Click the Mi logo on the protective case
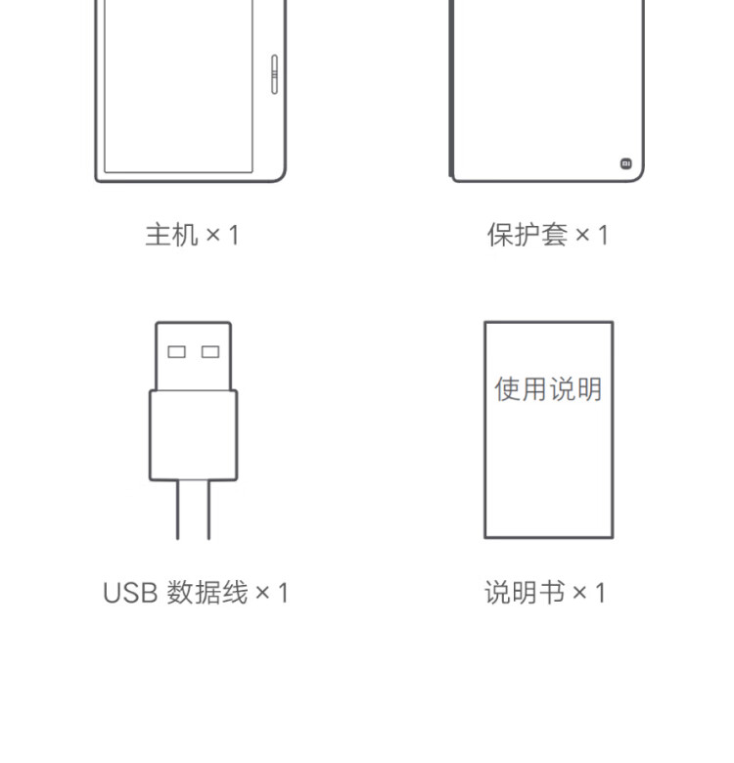(626, 163)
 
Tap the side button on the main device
(273, 73)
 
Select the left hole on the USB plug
(177, 352)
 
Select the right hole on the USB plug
(210, 352)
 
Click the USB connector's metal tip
(194, 356)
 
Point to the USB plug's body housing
(194, 434)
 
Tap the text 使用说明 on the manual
(548, 389)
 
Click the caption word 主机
(170, 235)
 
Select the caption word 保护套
(528, 235)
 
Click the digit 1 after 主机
(233, 235)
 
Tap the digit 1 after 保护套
(603, 235)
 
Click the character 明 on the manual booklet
(588, 389)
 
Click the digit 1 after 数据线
(284, 593)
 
